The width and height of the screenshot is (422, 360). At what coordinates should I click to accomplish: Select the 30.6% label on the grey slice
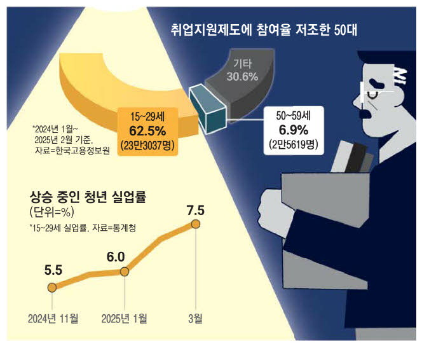point(242,77)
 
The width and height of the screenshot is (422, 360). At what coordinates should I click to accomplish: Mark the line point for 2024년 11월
point(52,287)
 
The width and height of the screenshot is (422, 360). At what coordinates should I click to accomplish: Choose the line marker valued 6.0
point(124,272)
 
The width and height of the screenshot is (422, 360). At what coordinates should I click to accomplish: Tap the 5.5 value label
point(53,269)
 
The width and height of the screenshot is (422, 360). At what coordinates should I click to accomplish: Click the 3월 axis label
point(195,318)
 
